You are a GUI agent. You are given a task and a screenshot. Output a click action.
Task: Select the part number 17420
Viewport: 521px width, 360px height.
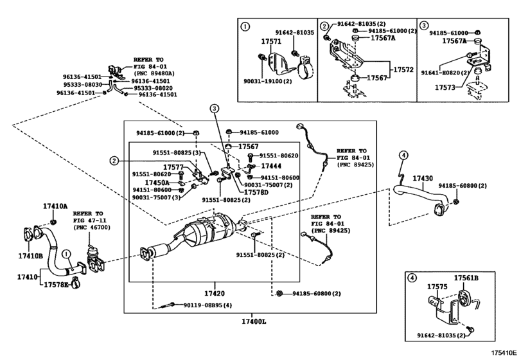pos(214,292)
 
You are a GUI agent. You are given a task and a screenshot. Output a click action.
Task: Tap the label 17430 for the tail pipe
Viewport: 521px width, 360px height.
pos(422,178)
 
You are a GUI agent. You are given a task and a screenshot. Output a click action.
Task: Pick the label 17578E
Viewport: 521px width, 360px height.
pos(56,283)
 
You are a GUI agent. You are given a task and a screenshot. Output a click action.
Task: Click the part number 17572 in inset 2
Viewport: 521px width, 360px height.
pos(403,69)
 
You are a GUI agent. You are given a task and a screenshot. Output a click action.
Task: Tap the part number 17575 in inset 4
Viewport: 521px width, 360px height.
pos(437,287)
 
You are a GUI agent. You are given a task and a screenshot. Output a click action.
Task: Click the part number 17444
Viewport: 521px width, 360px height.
pos(271,166)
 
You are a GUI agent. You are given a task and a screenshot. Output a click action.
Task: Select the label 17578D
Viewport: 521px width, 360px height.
pos(256,192)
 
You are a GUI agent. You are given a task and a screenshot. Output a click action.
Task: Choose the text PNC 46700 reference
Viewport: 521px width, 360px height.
pos(88,228)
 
